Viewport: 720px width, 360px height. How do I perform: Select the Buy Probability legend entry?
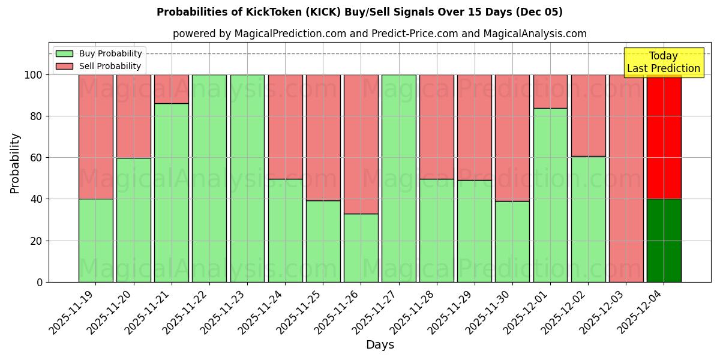click(x=99, y=53)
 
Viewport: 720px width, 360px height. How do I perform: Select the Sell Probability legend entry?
click(x=99, y=66)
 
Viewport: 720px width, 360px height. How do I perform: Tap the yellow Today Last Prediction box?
click(x=663, y=62)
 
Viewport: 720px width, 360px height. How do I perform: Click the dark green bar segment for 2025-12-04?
click(x=664, y=240)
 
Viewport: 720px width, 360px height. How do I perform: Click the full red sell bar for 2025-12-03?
click(x=626, y=178)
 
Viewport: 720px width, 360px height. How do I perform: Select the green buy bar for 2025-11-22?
click(x=209, y=178)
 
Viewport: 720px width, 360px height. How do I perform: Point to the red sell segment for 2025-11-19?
click(x=96, y=137)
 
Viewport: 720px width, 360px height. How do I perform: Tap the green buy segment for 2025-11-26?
click(x=361, y=248)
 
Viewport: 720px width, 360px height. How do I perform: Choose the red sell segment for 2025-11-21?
click(x=172, y=89)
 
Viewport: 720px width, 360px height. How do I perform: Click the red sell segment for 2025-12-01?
click(x=550, y=91)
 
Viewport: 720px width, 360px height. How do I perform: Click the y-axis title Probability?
click(x=15, y=163)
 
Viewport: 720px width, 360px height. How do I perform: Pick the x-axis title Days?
click(x=380, y=345)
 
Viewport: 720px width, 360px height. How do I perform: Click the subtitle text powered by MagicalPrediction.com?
click(x=379, y=34)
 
